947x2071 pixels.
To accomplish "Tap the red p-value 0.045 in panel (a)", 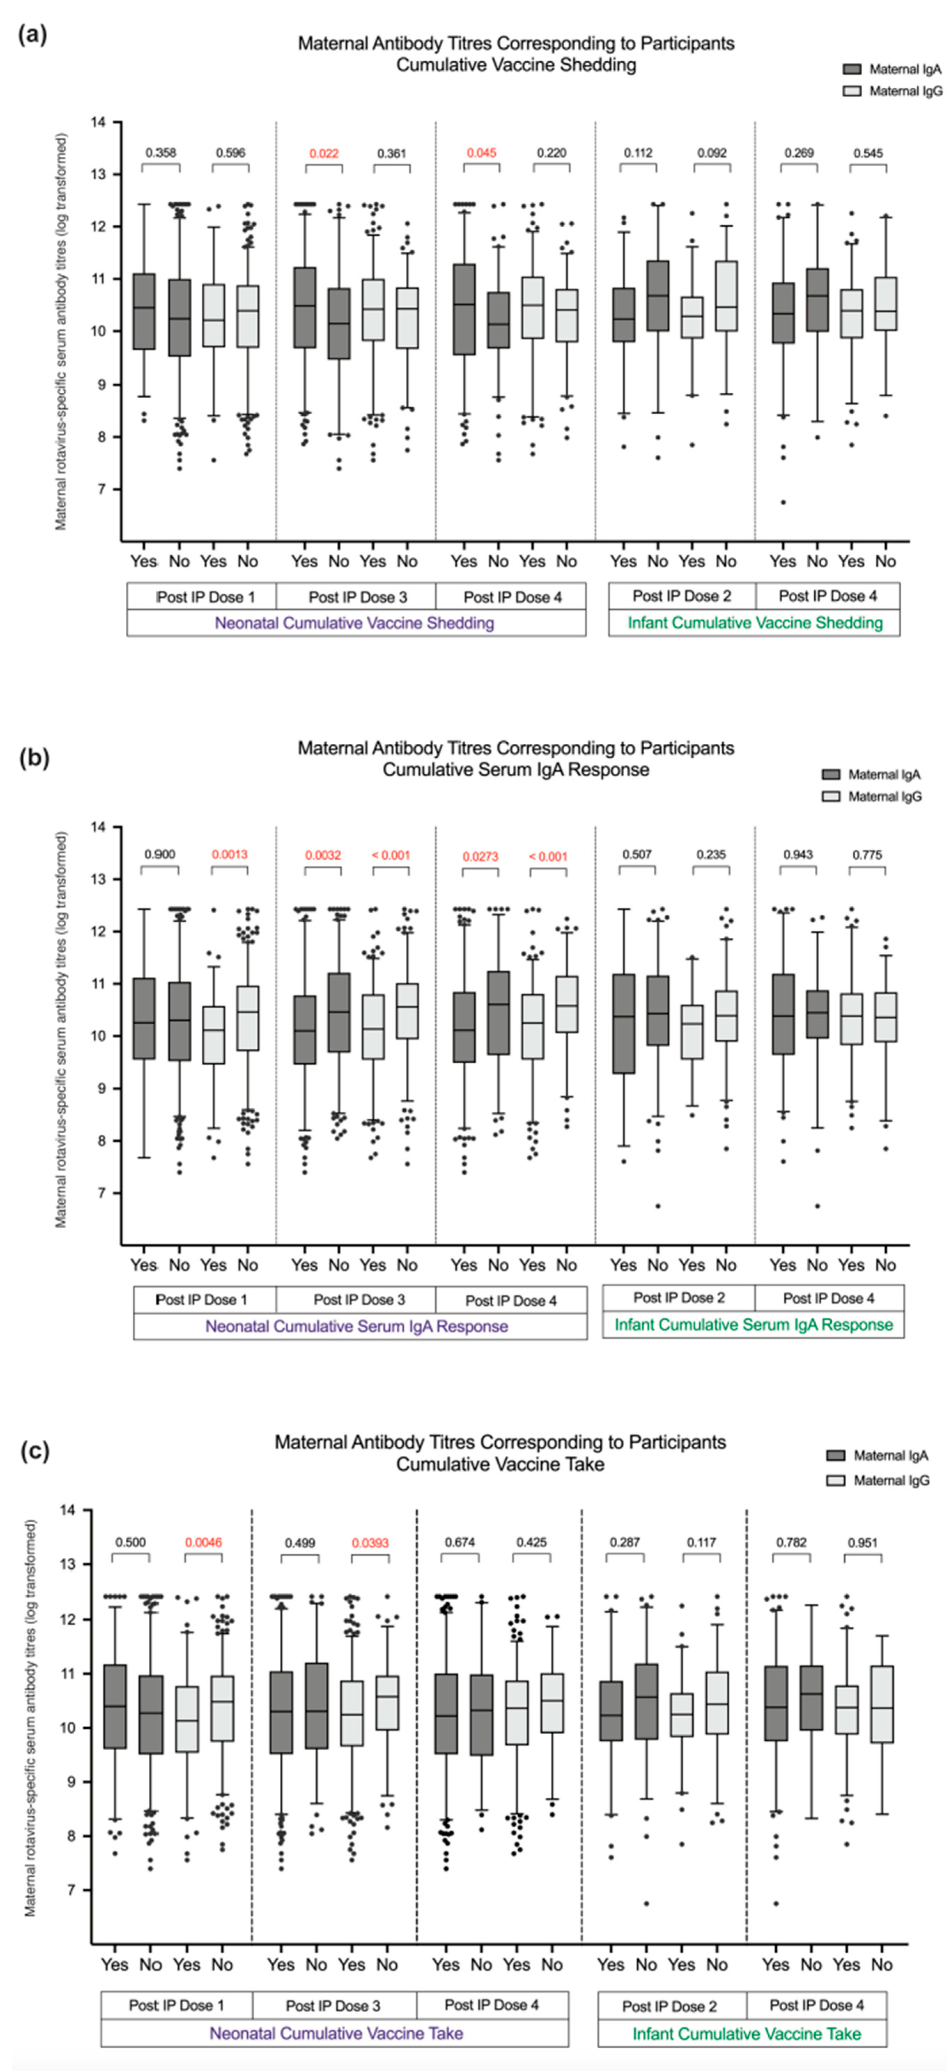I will (x=482, y=153).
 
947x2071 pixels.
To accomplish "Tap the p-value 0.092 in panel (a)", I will (x=712, y=153).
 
